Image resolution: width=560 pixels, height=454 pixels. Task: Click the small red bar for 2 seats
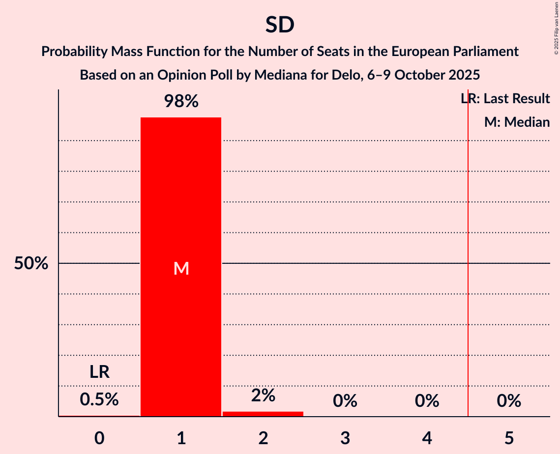(x=263, y=414)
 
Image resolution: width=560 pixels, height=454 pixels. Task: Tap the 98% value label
(x=181, y=102)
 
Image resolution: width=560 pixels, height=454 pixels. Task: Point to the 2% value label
(x=263, y=396)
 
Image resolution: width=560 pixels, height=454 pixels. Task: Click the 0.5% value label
(x=99, y=399)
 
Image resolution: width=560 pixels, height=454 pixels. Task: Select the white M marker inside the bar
(x=181, y=268)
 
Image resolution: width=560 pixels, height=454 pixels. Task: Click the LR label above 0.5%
(x=99, y=372)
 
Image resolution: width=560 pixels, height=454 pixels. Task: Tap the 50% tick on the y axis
(x=31, y=264)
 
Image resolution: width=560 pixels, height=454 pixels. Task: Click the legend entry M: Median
(x=517, y=122)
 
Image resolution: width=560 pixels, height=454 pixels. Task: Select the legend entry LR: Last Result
(x=505, y=99)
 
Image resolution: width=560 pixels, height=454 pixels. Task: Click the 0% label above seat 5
(x=509, y=401)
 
